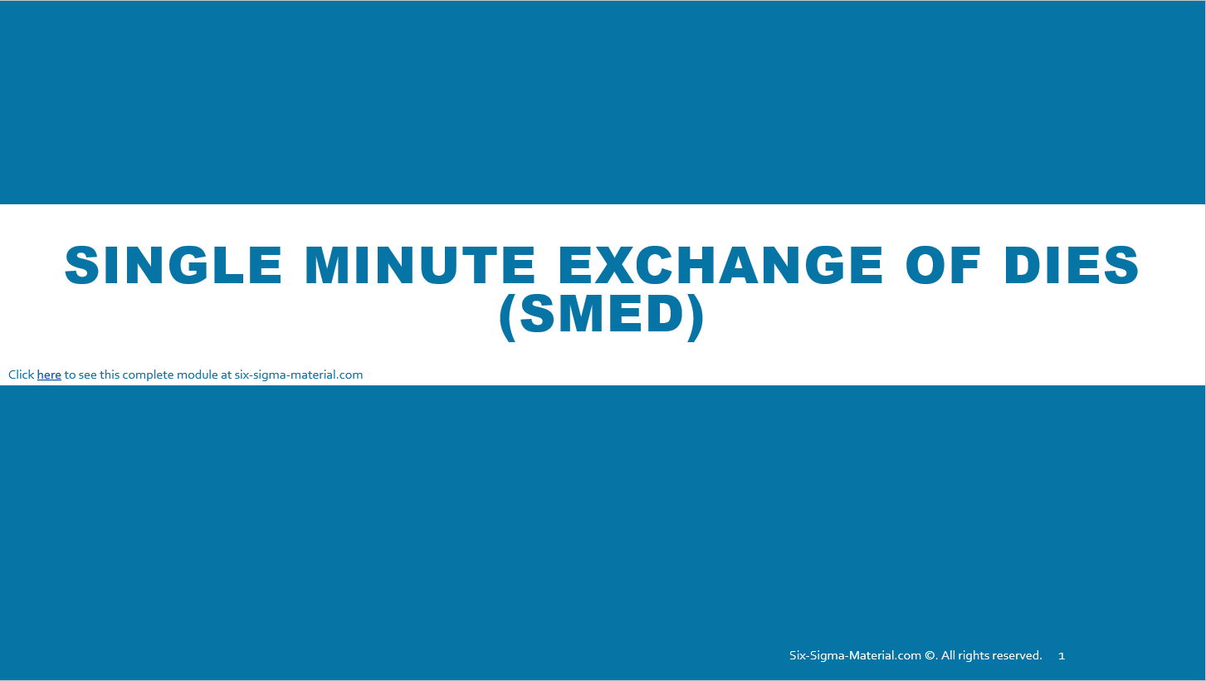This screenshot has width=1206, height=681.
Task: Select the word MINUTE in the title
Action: pos(420,265)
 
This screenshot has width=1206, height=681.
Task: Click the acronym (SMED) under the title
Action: pos(602,315)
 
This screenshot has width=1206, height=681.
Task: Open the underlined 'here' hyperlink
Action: pos(49,375)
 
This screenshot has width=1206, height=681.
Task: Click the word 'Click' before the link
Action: pos(21,375)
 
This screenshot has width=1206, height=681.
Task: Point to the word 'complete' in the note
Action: pos(149,375)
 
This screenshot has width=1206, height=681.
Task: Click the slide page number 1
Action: pos(1062,656)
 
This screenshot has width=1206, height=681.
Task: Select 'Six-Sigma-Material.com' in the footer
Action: pos(855,655)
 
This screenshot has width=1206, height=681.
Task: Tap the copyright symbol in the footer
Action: pos(930,655)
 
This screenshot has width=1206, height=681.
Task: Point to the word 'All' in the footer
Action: pos(949,655)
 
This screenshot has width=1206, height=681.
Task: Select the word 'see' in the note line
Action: pos(86,375)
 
